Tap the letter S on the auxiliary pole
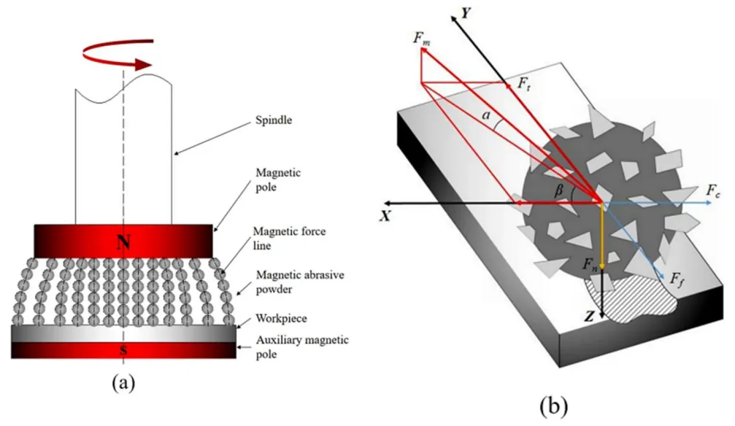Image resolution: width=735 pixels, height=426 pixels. point(125,352)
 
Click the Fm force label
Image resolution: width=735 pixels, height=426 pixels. point(421,39)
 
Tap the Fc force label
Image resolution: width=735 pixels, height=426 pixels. point(713,191)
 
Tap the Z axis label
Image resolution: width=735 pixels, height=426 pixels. point(588,319)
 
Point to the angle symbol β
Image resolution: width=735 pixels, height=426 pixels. point(560,191)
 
